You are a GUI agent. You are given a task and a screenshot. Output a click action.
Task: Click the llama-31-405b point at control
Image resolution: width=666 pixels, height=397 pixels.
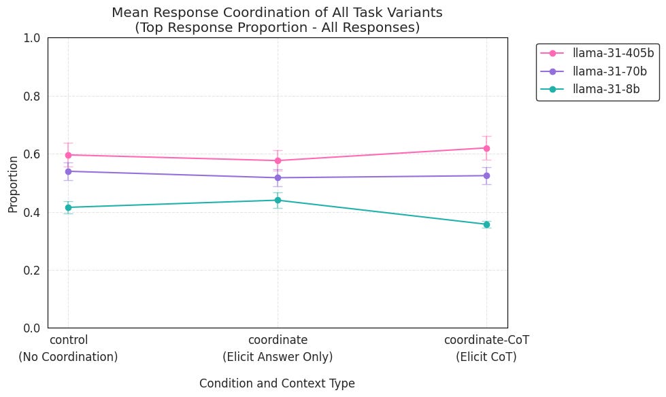click(x=68, y=155)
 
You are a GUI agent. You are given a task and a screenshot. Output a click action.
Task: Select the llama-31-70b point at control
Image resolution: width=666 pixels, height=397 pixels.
click(x=68, y=171)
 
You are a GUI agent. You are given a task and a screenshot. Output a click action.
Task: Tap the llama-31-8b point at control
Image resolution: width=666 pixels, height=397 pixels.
click(x=68, y=207)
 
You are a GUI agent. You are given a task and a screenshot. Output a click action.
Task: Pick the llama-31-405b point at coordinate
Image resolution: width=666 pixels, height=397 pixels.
click(x=278, y=160)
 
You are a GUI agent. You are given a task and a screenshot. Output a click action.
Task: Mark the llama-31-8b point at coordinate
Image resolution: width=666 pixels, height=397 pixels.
click(x=278, y=200)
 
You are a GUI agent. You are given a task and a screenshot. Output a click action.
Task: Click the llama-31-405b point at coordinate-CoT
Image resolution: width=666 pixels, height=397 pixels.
click(x=486, y=148)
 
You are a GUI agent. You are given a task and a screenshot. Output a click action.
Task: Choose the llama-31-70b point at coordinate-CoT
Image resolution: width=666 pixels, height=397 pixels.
click(x=486, y=175)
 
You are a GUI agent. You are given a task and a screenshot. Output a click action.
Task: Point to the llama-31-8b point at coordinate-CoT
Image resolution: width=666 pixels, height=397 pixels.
click(x=486, y=224)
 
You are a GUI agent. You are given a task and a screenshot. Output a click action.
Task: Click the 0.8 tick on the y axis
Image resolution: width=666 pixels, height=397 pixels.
click(x=31, y=97)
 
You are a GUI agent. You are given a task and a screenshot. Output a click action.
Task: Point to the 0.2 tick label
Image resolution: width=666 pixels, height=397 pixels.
click(x=31, y=271)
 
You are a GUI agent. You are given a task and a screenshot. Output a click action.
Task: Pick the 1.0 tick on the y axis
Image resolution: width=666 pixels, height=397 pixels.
click(x=31, y=38)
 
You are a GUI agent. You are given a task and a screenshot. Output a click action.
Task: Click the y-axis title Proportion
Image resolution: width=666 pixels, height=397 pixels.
click(x=13, y=184)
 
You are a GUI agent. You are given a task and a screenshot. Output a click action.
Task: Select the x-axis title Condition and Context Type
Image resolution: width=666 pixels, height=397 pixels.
click(x=277, y=383)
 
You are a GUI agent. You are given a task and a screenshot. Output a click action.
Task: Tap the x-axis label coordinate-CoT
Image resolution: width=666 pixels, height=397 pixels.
click(x=486, y=340)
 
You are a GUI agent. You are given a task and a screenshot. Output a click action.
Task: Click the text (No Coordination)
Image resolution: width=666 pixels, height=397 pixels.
click(x=68, y=357)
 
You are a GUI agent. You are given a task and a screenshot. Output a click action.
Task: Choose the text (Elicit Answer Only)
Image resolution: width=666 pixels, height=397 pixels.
click(x=278, y=357)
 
